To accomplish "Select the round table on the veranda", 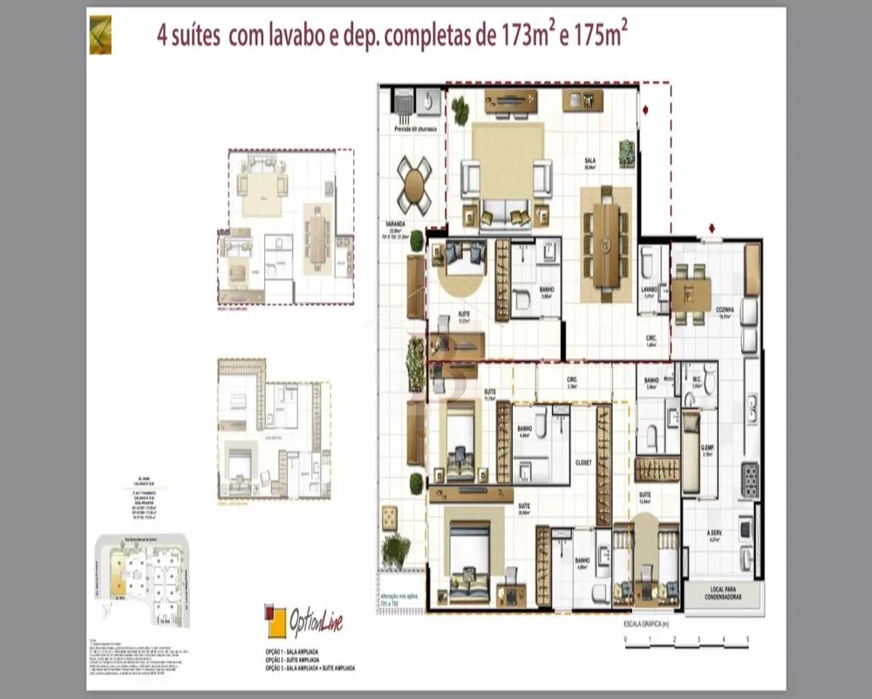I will click(x=414, y=185).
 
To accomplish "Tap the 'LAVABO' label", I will click(x=648, y=289).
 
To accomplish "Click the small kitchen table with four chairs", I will click(x=689, y=294).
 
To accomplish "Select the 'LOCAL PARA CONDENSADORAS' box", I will click(x=720, y=596).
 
